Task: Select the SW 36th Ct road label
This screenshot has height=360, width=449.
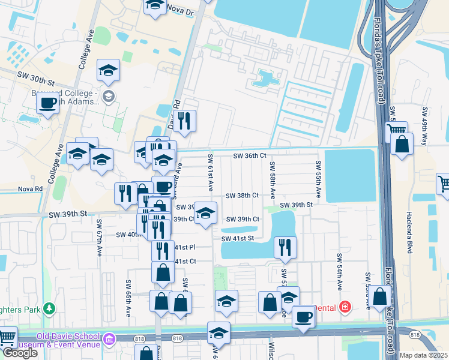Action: tap(250, 156)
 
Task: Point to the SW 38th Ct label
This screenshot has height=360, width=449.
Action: tap(243, 196)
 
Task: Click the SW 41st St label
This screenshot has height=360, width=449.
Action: tap(238, 239)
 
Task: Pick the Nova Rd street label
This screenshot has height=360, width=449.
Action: tap(30, 188)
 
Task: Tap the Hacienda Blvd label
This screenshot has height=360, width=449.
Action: tap(409, 233)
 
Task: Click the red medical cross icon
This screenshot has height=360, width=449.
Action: tap(345, 307)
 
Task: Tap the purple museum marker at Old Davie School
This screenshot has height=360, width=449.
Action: tap(108, 340)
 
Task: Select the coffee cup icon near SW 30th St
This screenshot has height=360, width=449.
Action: tap(47, 102)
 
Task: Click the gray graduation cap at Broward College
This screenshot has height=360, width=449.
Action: tap(109, 96)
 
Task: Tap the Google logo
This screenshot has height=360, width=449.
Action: tap(20, 353)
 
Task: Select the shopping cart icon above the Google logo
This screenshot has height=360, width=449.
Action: tap(7, 337)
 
